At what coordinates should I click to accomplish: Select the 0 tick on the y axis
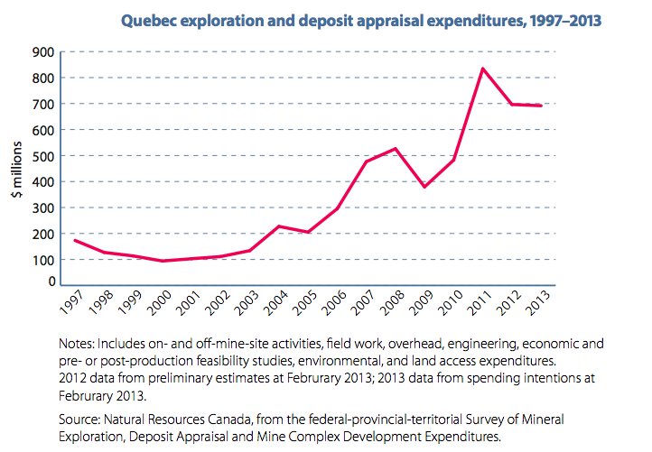53,282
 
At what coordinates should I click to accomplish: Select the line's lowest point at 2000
161,261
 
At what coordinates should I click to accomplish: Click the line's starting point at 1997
75,240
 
